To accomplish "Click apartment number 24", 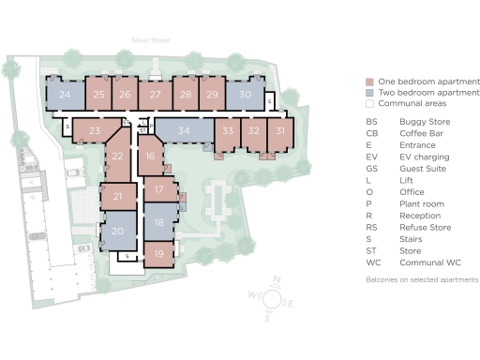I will tap(65, 94).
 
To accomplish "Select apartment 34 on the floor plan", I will tap(184, 130).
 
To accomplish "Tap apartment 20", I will tap(118, 231).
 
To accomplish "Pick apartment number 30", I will tap(245, 94).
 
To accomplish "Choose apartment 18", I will tap(159, 222).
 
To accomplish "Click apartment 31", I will tap(280, 131).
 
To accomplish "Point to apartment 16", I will tap(150, 156).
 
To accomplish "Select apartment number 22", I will tap(117, 158).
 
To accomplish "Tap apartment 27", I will tap(156, 94).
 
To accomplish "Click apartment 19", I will tap(159, 253).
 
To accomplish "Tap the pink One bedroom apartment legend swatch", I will tap(370, 82).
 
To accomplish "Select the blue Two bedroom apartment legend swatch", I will tap(370, 93).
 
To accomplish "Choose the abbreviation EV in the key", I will tap(371, 157).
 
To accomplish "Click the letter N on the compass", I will tap(277, 278).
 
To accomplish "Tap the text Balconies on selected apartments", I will tap(422, 279).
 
